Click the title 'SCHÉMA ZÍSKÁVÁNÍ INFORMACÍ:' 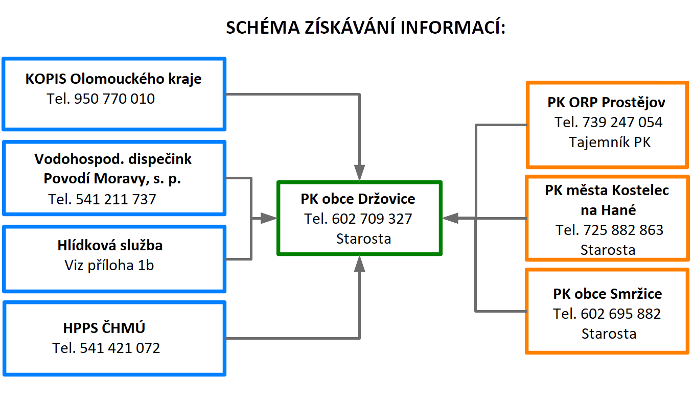pyautogui.click(x=366, y=27)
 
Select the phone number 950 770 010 pyautogui.click(x=114, y=99)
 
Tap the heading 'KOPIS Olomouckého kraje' pyautogui.click(x=113, y=79)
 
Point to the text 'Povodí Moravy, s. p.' pyautogui.click(x=112, y=179)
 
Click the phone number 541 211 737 pyautogui.click(x=116, y=199)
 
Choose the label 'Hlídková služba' pyautogui.click(x=110, y=245)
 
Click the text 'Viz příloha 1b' pyautogui.click(x=109, y=266)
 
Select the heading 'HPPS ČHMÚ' pyautogui.click(x=104, y=327)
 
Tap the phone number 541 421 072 pyautogui.click(x=120, y=348)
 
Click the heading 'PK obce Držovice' pyautogui.click(x=358, y=199)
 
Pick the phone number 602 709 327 pyautogui.click(x=372, y=219)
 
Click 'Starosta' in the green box pyautogui.click(x=364, y=239)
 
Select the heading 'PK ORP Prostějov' pyautogui.click(x=606, y=103)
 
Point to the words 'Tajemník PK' pyautogui.click(x=610, y=143)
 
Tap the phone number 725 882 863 pyautogui.click(x=623, y=230)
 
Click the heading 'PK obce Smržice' pyautogui.click(x=608, y=294)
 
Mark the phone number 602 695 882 pyautogui.click(x=621, y=314)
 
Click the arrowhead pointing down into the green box pyautogui.click(x=359, y=173)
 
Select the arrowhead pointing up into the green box pyautogui.click(x=359, y=264)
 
